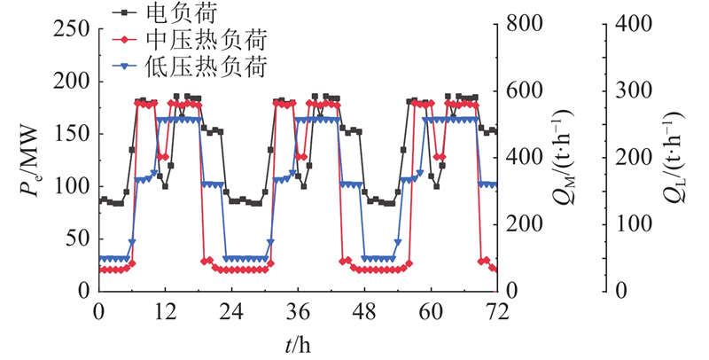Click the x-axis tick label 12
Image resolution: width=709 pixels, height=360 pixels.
(x=164, y=313)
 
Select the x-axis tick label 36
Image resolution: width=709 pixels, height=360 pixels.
(x=297, y=313)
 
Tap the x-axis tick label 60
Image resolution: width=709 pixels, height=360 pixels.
(x=430, y=313)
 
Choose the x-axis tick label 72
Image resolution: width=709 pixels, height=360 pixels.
(x=496, y=313)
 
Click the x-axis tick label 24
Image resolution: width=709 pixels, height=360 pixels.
(x=230, y=313)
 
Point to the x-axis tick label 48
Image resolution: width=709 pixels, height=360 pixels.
(x=363, y=313)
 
